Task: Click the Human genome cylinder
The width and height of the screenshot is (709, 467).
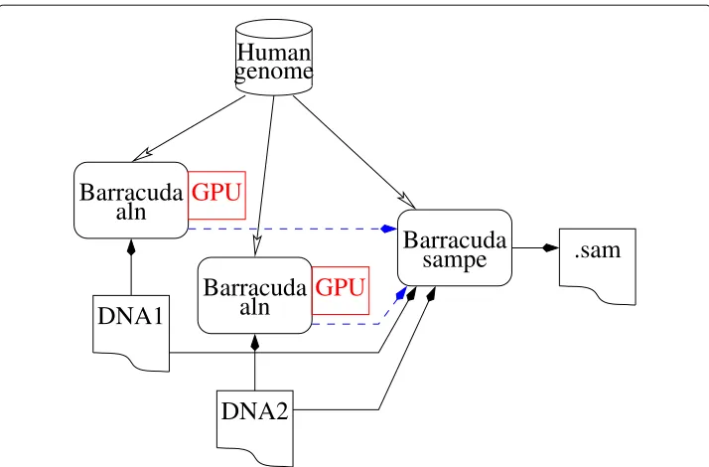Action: [273, 57]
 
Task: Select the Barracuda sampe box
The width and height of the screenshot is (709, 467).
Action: [455, 247]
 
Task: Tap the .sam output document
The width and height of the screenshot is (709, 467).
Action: [598, 266]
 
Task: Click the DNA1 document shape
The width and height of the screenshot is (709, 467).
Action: [131, 333]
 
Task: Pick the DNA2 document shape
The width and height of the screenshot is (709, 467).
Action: [255, 427]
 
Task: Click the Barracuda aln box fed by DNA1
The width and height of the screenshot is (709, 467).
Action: [131, 200]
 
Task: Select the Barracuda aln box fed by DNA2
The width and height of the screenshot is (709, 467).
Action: [255, 295]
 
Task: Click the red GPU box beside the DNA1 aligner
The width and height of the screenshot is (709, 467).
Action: [216, 195]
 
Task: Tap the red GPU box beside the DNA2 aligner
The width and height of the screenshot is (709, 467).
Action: [341, 290]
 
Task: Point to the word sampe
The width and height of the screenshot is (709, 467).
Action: [455, 260]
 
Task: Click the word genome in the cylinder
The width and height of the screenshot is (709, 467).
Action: [273, 72]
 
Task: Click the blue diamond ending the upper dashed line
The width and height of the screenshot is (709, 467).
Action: [388, 229]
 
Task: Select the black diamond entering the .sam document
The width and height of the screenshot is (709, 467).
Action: [551, 247]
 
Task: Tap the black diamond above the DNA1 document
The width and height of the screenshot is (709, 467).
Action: [131, 247]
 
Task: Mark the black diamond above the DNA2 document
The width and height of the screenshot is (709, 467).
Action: [255, 343]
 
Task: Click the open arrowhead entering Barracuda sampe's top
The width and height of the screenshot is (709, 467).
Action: [408, 202]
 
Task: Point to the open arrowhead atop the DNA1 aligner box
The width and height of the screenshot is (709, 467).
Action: [141, 155]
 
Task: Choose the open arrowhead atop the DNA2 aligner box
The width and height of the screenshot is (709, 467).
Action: [256, 247]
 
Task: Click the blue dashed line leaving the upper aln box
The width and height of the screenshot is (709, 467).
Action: [293, 229]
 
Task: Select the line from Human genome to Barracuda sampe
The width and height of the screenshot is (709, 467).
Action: [354, 152]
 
